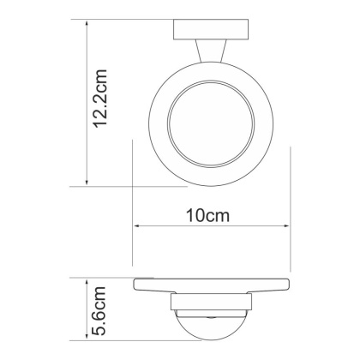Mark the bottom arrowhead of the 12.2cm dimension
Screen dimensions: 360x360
click(88, 182)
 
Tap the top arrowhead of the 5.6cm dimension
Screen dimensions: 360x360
click(88, 282)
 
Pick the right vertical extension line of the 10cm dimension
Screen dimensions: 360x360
click(291, 206)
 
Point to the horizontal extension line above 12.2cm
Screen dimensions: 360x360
click(129, 22)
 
